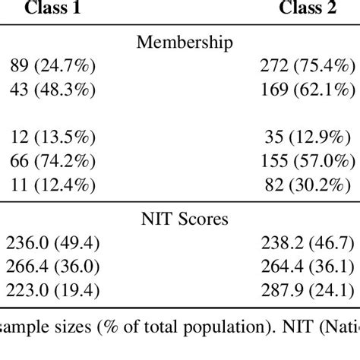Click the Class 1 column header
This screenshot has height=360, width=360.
53,10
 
